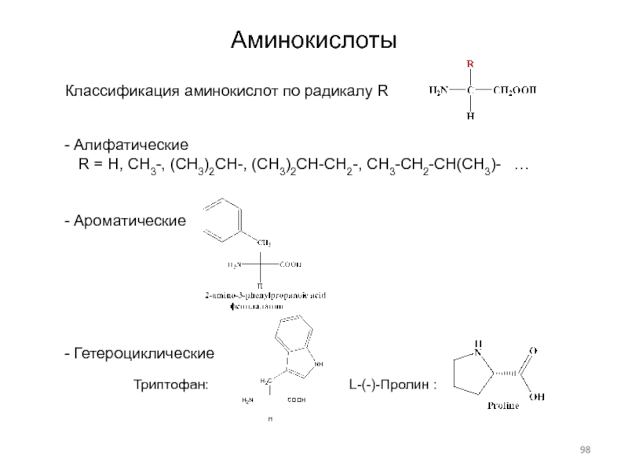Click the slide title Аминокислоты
coord(313,40)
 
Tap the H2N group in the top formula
coord(438,90)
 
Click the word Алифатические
coord(130,147)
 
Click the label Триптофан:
coord(170,385)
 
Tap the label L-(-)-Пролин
coord(389,385)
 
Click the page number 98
coord(585,448)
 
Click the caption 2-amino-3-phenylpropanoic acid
coord(265,295)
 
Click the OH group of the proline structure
coord(538,396)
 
